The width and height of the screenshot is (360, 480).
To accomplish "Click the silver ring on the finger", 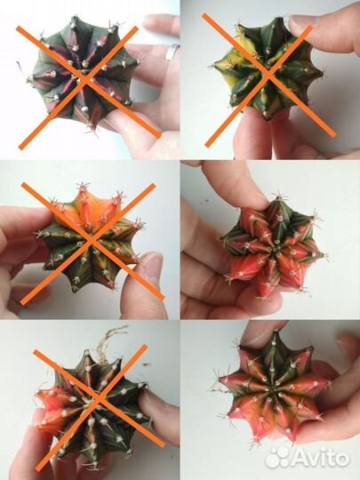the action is pos(172,52).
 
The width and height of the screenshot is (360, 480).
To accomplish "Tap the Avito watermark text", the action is pos(320,458).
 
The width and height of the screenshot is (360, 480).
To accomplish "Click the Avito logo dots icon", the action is pos(277,458).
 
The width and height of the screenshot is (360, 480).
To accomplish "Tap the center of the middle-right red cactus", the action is pos(274,246).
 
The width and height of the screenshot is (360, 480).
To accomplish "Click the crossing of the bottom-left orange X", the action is pos(99,398).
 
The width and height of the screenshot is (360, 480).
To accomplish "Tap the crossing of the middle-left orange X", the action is pos(92,241).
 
